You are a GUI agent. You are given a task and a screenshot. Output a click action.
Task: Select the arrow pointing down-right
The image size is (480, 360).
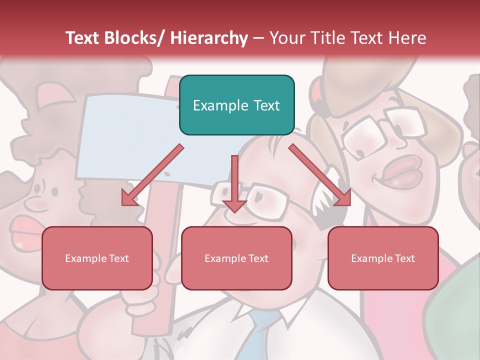coord(319,175)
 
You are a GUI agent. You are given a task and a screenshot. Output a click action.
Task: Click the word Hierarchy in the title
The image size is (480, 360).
coord(209,38)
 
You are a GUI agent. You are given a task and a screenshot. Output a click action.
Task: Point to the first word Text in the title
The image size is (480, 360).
coord(82,38)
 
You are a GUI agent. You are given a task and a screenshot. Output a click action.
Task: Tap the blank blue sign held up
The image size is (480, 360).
coord(130,135)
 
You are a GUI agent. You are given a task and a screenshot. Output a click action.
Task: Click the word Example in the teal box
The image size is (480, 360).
coord(213,105)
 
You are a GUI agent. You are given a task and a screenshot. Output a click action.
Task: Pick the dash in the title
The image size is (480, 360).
coord(258,38)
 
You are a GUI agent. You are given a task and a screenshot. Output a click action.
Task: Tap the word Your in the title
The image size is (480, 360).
coord(286,38)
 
